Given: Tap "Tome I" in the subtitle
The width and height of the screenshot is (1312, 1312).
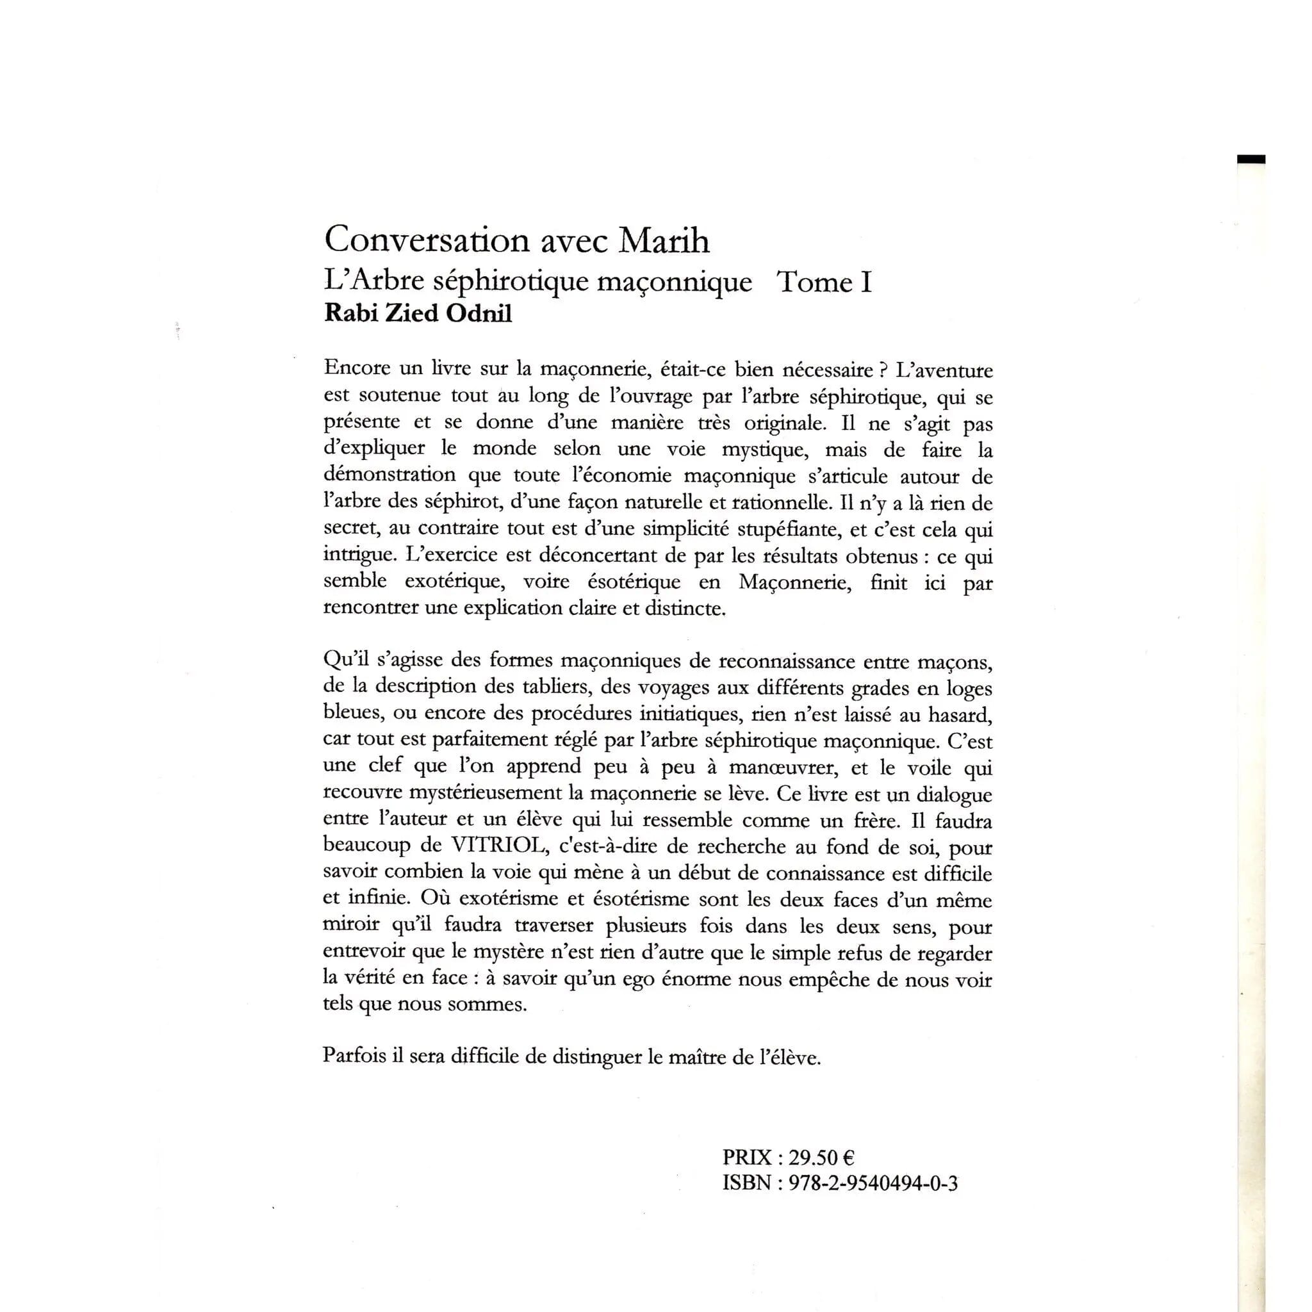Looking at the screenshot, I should click(x=824, y=282).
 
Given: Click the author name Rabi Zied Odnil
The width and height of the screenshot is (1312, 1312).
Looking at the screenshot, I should click(x=418, y=314).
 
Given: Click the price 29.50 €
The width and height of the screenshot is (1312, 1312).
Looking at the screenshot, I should click(x=816, y=1156).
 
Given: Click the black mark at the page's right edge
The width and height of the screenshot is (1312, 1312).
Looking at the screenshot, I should click(x=1251, y=160).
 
